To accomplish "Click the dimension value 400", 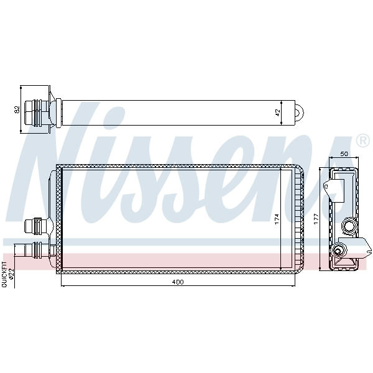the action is (178, 282).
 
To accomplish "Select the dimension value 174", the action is (277, 219).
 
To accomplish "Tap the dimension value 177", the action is (316, 219).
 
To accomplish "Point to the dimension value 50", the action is (344, 154).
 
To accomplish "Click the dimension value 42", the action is (277, 113).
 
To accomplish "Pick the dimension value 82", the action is (17, 109).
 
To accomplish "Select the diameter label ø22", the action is (11, 274).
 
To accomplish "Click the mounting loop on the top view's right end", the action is (300, 113).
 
